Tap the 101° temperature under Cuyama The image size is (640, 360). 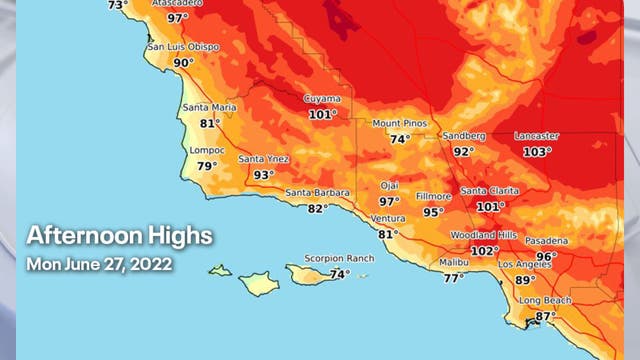pos(322,114)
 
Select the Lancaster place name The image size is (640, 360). pos(537,136)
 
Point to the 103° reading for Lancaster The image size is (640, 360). pos(537,152)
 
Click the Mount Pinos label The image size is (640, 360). pos(400,123)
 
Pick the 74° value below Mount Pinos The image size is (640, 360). pos(400,139)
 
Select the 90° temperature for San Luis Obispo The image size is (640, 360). pos(183,63)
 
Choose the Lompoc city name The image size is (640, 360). pos(207,151)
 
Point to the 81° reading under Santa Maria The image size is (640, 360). pos(210,124)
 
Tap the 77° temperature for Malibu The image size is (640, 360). pos(453,278)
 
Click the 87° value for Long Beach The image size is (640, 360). pos(545,316)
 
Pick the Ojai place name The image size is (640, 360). pos(389,185)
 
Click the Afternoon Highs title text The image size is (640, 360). pos(119,237)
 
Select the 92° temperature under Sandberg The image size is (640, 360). pos(463,152)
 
